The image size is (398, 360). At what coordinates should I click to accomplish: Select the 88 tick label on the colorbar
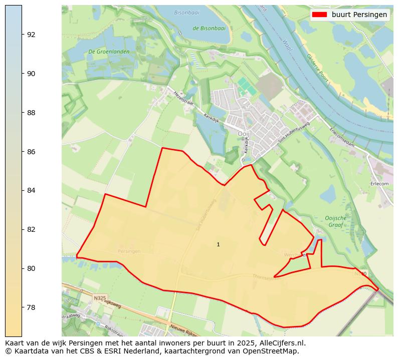(x=31, y=113)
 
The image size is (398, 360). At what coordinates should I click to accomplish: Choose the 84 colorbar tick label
(x=31, y=190)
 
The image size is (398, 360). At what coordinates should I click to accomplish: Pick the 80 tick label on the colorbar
(x=31, y=268)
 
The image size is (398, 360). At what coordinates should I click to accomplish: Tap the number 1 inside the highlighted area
(x=218, y=244)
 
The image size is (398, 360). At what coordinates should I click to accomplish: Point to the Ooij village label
(x=243, y=134)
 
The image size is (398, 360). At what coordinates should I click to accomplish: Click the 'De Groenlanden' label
(x=109, y=52)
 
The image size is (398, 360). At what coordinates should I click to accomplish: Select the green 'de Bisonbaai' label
(x=209, y=28)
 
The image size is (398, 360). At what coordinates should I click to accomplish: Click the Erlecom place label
(x=379, y=184)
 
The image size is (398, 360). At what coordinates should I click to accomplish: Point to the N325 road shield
(x=100, y=298)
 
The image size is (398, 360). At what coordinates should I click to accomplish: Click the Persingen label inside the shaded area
(x=129, y=251)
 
